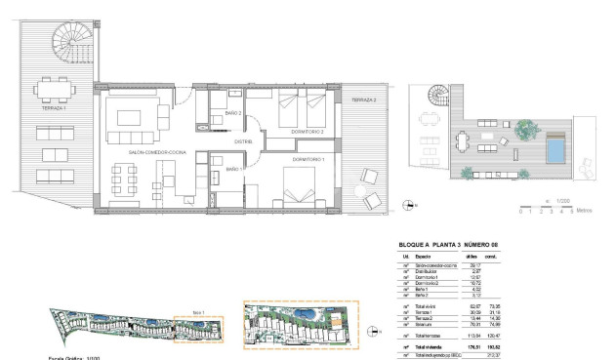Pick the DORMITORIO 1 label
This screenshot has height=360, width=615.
tap(307, 158)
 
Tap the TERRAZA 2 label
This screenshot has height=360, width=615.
tap(363, 100)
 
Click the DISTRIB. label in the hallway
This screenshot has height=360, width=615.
tap(244, 141)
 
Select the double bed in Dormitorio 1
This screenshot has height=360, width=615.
tap(300, 185)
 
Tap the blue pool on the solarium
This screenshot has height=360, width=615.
tap(555, 149)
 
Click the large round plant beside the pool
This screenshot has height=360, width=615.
tap(523, 127)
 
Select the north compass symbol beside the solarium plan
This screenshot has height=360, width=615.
tap(405, 205)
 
